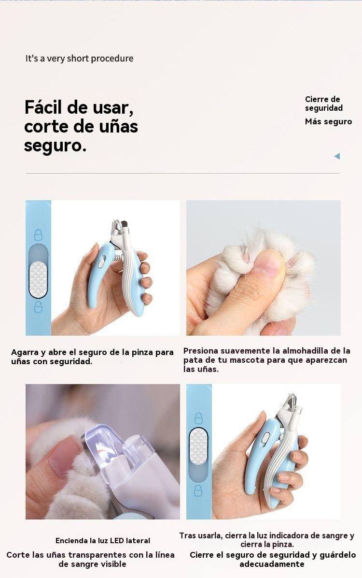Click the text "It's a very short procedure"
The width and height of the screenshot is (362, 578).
click(79, 58)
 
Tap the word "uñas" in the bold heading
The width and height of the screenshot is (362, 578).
click(118, 126)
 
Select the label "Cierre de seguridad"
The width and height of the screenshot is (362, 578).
click(324, 104)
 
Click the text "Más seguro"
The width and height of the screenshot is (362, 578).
click(329, 121)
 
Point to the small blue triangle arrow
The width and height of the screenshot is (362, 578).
click(337, 156)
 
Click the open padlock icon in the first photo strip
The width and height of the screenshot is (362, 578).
click(38, 235)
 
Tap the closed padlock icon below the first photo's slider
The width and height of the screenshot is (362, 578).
click(38, 306)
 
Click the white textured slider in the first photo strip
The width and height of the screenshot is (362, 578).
click(38, 280)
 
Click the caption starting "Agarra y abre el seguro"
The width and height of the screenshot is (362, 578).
click(92, 357)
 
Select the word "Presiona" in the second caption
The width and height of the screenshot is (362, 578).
click(200, 351)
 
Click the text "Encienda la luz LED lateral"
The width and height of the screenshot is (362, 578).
click(103, 541)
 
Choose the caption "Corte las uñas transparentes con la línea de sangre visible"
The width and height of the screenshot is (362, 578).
click(91, 560)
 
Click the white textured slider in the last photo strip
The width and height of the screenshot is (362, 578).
click(198, 446)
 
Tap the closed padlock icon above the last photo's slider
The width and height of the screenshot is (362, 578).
click(199, 418)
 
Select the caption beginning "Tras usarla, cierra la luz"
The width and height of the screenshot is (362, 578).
click(267, 540)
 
